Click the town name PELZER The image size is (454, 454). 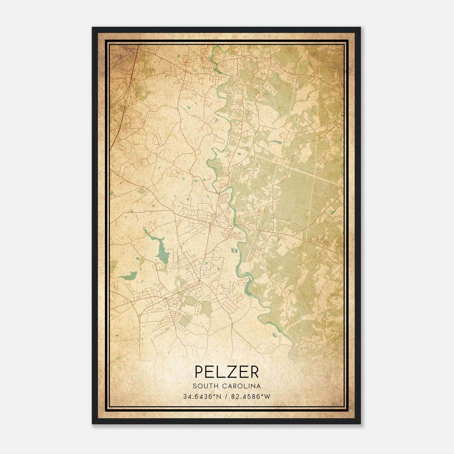(x=227, y=372)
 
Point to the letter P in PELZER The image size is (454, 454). (x=199, y=372)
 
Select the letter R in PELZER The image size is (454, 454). (x=254, y=372)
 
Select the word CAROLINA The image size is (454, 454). (x=241, y=386)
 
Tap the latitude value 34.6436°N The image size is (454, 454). (x=202, y=397)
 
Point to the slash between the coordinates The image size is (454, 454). (x=226, y=397)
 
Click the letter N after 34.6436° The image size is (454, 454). (x=218, y=397)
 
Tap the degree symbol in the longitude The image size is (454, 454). (x=263, y=395)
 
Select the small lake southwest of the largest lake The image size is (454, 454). (x=129, y=275)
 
